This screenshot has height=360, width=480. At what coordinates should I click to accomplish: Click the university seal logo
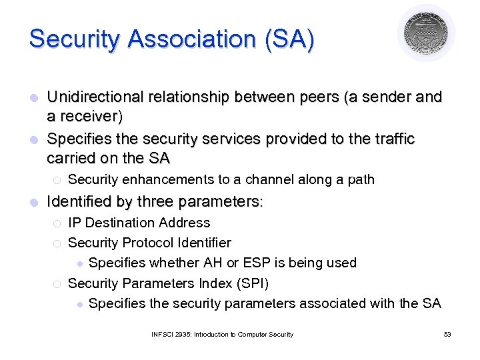click(426, 33)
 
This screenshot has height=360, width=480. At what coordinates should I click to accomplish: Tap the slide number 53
click(447, 334)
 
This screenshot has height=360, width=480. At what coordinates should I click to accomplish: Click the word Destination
click(124, 223)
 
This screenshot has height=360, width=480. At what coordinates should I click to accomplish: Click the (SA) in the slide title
click(289, 39)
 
